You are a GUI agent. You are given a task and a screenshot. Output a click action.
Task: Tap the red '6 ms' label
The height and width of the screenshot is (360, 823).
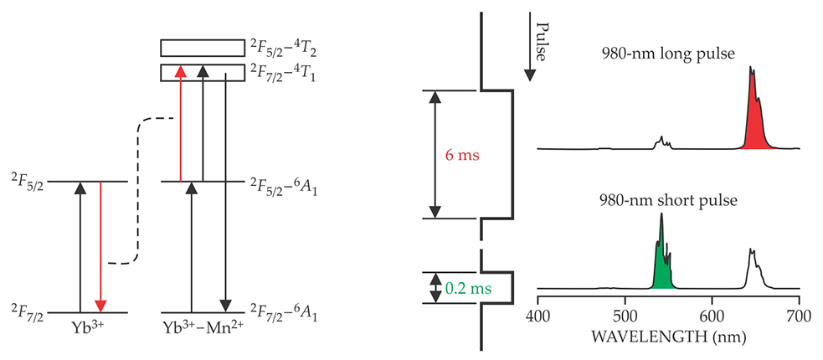coord(462,156)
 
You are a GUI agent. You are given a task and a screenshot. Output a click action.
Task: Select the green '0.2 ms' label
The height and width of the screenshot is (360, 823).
coord(468,287)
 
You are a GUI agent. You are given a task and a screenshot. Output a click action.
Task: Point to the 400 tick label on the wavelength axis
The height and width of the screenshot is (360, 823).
coord(538,317)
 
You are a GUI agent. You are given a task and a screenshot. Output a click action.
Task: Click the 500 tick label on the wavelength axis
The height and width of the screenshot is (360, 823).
coord(625,317)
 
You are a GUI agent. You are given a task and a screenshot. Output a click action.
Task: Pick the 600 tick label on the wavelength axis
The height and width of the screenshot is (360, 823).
coord(712,317)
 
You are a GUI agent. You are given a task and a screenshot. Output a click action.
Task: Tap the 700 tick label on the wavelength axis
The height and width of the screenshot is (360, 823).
coord(799,317)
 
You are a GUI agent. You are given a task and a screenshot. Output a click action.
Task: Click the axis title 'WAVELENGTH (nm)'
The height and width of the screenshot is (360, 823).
coord(668,336)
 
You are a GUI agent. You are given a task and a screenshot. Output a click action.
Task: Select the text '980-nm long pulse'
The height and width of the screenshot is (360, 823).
coord(668,54)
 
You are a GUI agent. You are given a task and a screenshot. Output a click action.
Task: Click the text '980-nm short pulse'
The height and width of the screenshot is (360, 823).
coord(668,200)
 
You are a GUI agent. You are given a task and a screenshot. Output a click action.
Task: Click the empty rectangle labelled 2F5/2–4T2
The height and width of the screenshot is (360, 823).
coord(203,48)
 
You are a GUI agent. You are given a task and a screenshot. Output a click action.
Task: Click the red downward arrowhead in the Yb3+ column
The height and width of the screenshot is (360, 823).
coord(100,306)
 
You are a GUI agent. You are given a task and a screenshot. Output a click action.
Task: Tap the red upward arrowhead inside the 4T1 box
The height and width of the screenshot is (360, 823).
coord(181,71)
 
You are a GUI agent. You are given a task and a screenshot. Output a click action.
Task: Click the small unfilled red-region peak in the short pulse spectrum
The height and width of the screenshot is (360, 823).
coord(759,269)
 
